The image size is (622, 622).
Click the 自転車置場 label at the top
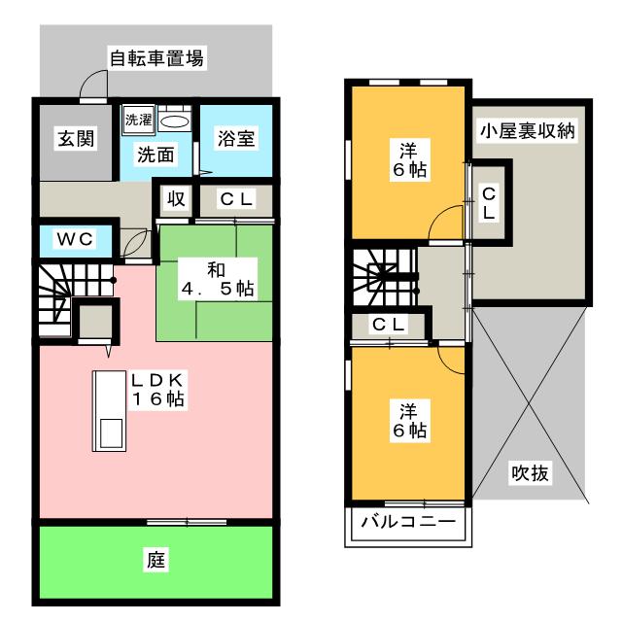coord(155,58)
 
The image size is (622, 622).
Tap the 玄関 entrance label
coord(74,139)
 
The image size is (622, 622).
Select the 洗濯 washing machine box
coord(136,121)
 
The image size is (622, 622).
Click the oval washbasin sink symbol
coord(173,121)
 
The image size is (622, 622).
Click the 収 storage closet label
coord(176,200)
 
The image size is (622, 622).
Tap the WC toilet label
coord(73,238)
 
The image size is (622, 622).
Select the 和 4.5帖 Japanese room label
coord(217,277)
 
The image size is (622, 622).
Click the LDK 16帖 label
coord(160,388)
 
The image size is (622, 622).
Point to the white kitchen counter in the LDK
coord(108,408)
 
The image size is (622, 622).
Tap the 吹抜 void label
coord(530,474)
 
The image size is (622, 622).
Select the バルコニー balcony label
coord(408,523)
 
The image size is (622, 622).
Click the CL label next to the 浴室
coord(235,200)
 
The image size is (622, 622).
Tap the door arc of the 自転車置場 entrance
coord(94,86)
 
